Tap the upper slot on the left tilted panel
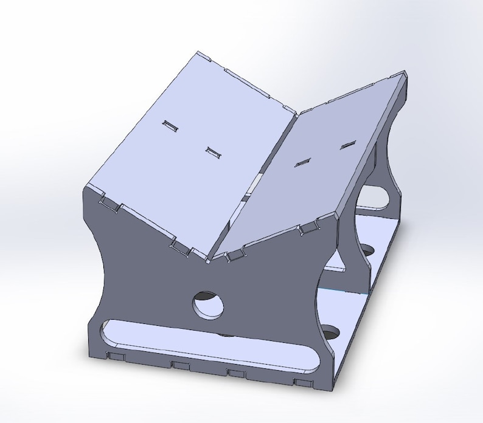coord(169,126)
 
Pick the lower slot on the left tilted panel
coord(212,153)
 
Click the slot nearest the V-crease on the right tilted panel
coord(302,162)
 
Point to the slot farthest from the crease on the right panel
coord(347,145)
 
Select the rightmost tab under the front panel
coord(301,383)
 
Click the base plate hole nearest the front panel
coord(330,332)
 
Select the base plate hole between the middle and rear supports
coord(366,250)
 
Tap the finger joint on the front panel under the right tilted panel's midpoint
coord(309,228)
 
